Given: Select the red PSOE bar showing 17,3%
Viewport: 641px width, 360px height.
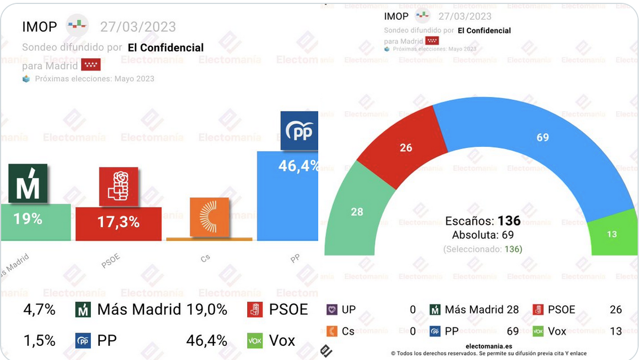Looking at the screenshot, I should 118,223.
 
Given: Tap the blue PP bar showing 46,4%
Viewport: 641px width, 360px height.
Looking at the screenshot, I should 287,197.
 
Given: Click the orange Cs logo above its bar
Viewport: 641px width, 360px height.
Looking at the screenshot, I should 209,217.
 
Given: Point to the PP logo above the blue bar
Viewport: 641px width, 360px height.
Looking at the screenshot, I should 299,130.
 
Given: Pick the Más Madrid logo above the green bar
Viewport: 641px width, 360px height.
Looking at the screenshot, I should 28,183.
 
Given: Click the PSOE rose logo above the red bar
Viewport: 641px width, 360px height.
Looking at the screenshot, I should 118,186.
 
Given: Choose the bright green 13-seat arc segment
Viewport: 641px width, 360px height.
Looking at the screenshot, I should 612,234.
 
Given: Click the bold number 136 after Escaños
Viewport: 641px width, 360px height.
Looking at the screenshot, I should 509,221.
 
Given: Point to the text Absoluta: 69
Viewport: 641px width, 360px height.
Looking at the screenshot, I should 483,235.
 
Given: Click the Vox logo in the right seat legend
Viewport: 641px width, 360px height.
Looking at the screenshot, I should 538,331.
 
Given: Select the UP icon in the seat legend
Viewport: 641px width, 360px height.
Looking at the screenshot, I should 332,310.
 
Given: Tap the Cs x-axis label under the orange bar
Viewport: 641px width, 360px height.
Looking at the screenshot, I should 205,258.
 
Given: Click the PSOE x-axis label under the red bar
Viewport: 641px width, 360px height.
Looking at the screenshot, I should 111,261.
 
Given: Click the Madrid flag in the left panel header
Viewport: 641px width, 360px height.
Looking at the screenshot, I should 90,65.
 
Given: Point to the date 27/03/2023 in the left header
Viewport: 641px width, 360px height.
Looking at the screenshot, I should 138,27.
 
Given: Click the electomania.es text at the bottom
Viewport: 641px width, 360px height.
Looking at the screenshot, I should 489,346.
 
